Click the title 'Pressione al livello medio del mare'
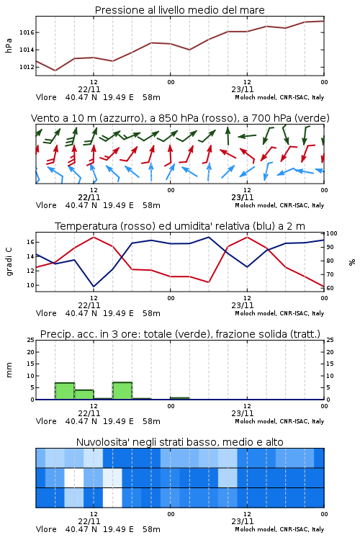(x=179, y=10)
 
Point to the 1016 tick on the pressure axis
(x=27, y=32)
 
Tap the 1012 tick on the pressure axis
(x=27, y=67)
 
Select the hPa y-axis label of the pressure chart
(x=9, y=45)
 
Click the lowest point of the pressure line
(x=55, y=71)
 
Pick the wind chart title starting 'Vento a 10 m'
(x=180, y=118)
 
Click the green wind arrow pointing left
(x=247, y=136)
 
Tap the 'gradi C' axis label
(x=9, y=261)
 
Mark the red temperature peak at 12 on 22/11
(x=94, y=237)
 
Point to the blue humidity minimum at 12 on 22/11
(x=94, y=287)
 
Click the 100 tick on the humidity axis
(x=332, y=233)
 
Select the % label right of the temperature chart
(x=352, y=262)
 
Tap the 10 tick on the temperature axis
(x=30, y=285)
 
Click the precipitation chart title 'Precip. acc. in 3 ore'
(x=180, y=334)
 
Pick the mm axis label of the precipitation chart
(x=9, y=370)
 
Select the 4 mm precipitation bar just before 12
(x=84, y=395)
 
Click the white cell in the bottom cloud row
(x=112, y=498)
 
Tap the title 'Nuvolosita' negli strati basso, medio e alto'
(x=179, y=442)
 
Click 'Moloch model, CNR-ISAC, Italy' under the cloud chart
(x=279, y=529)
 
